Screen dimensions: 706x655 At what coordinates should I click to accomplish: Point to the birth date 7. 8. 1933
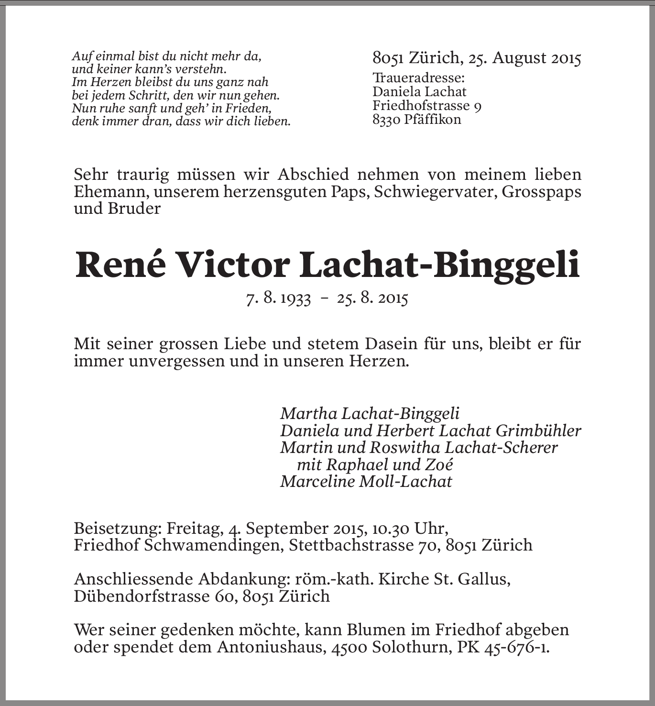(278, 299)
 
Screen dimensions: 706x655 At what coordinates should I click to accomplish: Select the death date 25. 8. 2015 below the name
(372, 299)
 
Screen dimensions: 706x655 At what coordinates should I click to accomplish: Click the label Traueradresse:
(419, 78)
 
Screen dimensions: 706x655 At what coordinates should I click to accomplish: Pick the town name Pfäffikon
(432, 120)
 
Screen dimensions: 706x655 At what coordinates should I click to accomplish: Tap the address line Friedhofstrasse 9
(427, 106)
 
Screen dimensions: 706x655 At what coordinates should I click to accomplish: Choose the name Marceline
(317, 481)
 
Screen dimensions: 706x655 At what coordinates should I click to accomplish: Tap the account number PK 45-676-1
(502, 647)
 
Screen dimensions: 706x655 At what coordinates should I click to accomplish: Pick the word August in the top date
(519, 58)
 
